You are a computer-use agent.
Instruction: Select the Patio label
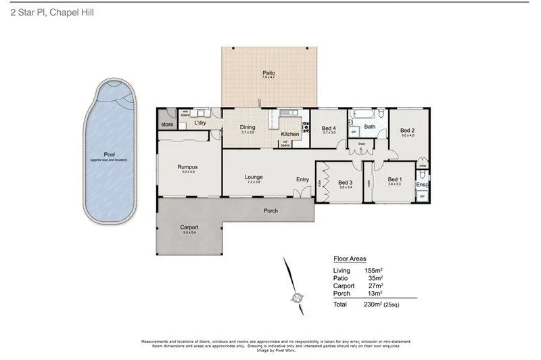click(268, 73)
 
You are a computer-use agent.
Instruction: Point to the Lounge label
click(254, 177)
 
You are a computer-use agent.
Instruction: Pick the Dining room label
click(248, 127)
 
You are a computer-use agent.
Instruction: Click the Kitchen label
click(291, 134)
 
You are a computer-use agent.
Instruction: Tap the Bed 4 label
click(329, 128)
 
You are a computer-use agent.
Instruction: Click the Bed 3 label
click(346, 182)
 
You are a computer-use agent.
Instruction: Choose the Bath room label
click(370, 127)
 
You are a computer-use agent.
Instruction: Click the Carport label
click(189, 227)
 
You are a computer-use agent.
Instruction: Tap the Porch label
click(270, 210)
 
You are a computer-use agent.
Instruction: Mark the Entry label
click(302, 179)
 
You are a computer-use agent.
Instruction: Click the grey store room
click(167, 125)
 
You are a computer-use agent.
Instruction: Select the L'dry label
click(200, 123)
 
